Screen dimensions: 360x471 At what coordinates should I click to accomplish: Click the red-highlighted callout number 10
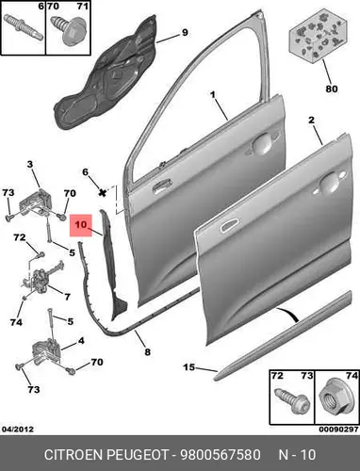point(81,225)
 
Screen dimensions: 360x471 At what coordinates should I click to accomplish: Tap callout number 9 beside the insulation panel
point(185,32)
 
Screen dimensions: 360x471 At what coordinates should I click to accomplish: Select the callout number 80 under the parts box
point(332,89)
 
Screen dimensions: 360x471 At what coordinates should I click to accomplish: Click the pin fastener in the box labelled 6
point(24,26)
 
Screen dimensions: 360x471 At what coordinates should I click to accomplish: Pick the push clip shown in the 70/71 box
point(73,30)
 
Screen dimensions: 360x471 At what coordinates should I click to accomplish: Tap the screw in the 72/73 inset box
point(292,401)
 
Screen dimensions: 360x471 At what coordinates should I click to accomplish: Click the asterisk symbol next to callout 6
point(102,192)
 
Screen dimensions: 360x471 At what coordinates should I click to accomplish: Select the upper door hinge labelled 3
point(36,203)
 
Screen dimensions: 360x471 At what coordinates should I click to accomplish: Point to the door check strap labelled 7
point(41,277)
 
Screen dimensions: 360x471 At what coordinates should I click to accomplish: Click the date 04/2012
point(18,429)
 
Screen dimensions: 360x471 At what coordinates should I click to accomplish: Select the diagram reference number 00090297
point(338,429)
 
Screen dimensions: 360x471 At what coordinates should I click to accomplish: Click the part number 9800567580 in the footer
point(220,454)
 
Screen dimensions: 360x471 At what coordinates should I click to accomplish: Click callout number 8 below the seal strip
point(147,352)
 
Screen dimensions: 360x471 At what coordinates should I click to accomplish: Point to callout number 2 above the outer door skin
point(311,120)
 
